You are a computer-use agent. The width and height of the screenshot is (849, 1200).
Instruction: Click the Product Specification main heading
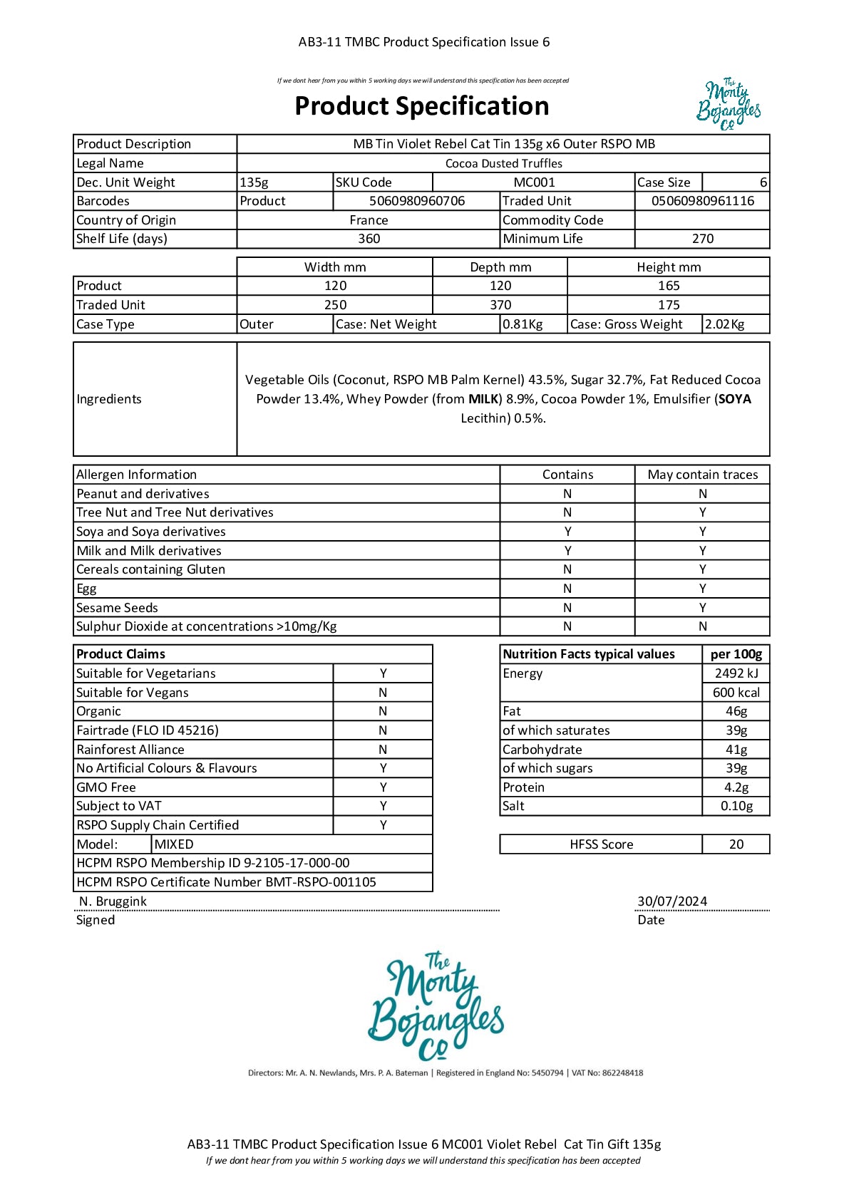pos(422,106)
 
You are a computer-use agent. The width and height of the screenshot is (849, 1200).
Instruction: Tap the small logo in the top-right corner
pos(729,105)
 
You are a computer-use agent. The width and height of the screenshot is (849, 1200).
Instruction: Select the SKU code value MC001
pos(534,182)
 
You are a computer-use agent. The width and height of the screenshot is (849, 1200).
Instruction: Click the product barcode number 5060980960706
pos(417,201)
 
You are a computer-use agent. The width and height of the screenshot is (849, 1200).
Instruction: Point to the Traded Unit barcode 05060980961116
pos(702,201)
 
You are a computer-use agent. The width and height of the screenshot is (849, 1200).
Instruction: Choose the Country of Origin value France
pos(369,220)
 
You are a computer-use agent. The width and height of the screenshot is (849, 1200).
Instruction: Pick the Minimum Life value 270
pos(702,239)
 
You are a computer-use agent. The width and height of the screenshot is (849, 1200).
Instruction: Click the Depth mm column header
pos(500,267)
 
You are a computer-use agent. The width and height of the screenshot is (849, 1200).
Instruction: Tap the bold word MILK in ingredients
pos(483,399)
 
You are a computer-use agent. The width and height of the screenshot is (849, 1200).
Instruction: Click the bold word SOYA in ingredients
pos(734,399)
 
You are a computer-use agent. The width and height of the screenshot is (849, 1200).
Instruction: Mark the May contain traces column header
pos(702,475)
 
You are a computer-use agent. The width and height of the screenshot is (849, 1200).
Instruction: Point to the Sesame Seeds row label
pos(117,608)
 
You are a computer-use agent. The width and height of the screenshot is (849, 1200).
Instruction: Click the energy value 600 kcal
pos(736,693)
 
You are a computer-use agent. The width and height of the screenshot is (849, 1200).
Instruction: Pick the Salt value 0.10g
pos(736,806)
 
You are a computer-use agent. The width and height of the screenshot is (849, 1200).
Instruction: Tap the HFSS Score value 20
pos(736,844)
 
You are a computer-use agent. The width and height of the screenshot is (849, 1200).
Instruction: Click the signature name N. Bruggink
pos(113,901)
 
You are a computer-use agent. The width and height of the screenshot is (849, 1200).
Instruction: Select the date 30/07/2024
pos(672,901)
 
